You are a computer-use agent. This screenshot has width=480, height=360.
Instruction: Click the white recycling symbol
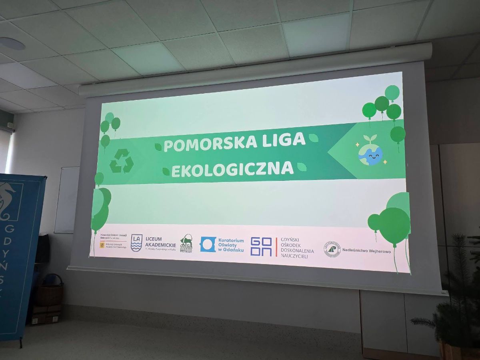(x=121, y=161)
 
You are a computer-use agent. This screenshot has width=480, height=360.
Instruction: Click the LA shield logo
(x=136, y=243)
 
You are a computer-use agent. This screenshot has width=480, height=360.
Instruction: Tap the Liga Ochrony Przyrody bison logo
(x=186, y=243)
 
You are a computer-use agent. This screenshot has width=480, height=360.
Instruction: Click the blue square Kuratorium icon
(x=208, y=244)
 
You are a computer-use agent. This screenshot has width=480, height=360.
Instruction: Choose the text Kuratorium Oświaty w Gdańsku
(x=231, y=245)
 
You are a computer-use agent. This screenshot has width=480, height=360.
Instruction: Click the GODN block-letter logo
(x=261, y=246)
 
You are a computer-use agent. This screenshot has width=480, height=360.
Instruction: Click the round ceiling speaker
(x=11, y=44)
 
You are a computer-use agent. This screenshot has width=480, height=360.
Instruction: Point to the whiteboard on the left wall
(x=67, y=200)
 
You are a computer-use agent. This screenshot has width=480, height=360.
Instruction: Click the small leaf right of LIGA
(x=313, y=138)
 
